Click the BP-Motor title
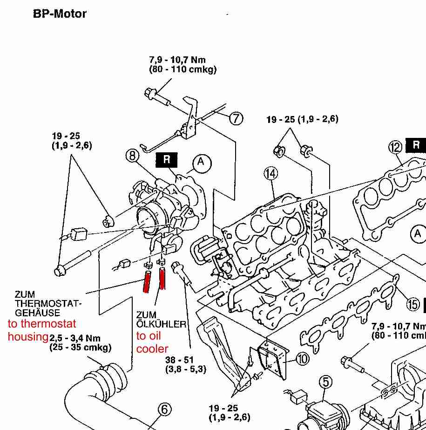click(60, 14)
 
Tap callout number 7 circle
click(236, 118)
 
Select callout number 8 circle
click(133, 156)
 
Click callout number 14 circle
click(270, 174)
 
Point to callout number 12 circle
click(395, 147)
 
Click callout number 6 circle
click(164, 410)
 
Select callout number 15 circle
click(413, 305)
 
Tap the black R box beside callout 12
click(416, 145)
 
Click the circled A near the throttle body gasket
click(201, 162)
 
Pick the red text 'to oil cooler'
click(152, 342)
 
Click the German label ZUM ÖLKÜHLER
click(161, 320)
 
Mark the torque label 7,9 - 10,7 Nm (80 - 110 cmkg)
click(183, 65)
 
